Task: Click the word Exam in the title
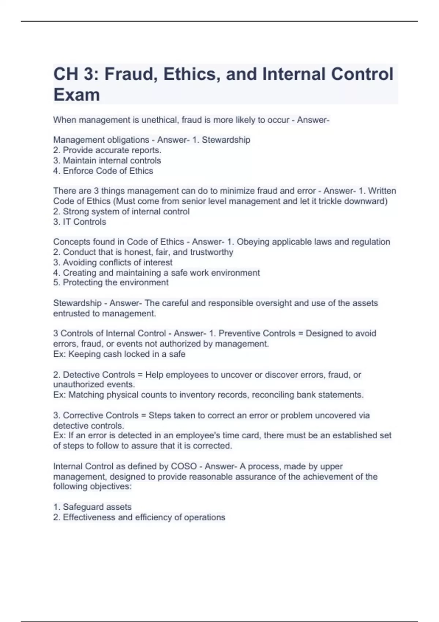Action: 76,95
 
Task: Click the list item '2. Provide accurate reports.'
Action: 107,150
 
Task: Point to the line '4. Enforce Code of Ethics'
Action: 103,171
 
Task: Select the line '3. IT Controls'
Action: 80,222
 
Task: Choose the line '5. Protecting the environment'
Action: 111,282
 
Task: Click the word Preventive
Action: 239,333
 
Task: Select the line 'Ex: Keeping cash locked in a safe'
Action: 119,354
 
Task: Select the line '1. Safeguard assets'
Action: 93,507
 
